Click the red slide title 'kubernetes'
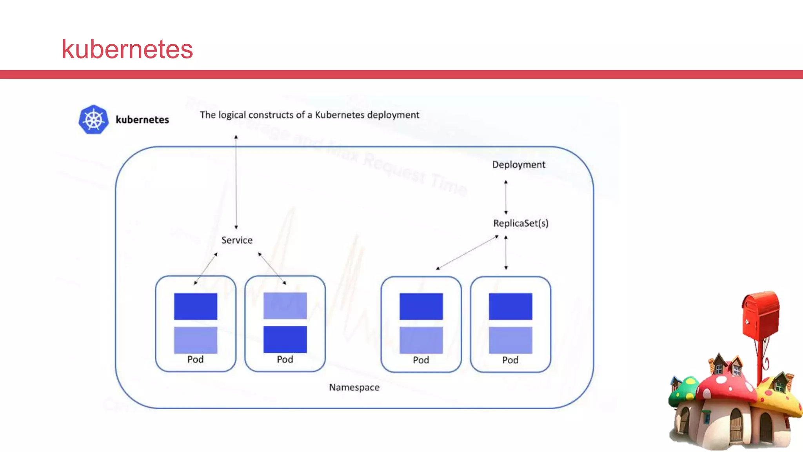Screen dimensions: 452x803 (127, 49)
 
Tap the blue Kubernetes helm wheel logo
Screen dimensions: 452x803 (93, 119)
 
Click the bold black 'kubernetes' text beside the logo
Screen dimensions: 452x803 (142, 120)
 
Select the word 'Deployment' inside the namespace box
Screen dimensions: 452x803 (518, 165)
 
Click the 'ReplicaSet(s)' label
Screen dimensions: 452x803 (521, 223)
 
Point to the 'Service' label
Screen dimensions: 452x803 (237, 240)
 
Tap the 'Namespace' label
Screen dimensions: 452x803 (354, 387)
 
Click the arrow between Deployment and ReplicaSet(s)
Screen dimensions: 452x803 (506, 197)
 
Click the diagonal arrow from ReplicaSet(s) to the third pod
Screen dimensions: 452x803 (467, 252)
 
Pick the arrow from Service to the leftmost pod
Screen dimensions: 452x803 (205, 268)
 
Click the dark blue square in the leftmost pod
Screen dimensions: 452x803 (196, 306)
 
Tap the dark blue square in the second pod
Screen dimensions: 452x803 (285, 339)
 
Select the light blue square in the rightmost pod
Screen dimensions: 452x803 (511, 340)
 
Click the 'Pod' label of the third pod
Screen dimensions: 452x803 (421, 360)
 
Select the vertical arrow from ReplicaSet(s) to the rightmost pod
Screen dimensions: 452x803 (506, 252)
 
